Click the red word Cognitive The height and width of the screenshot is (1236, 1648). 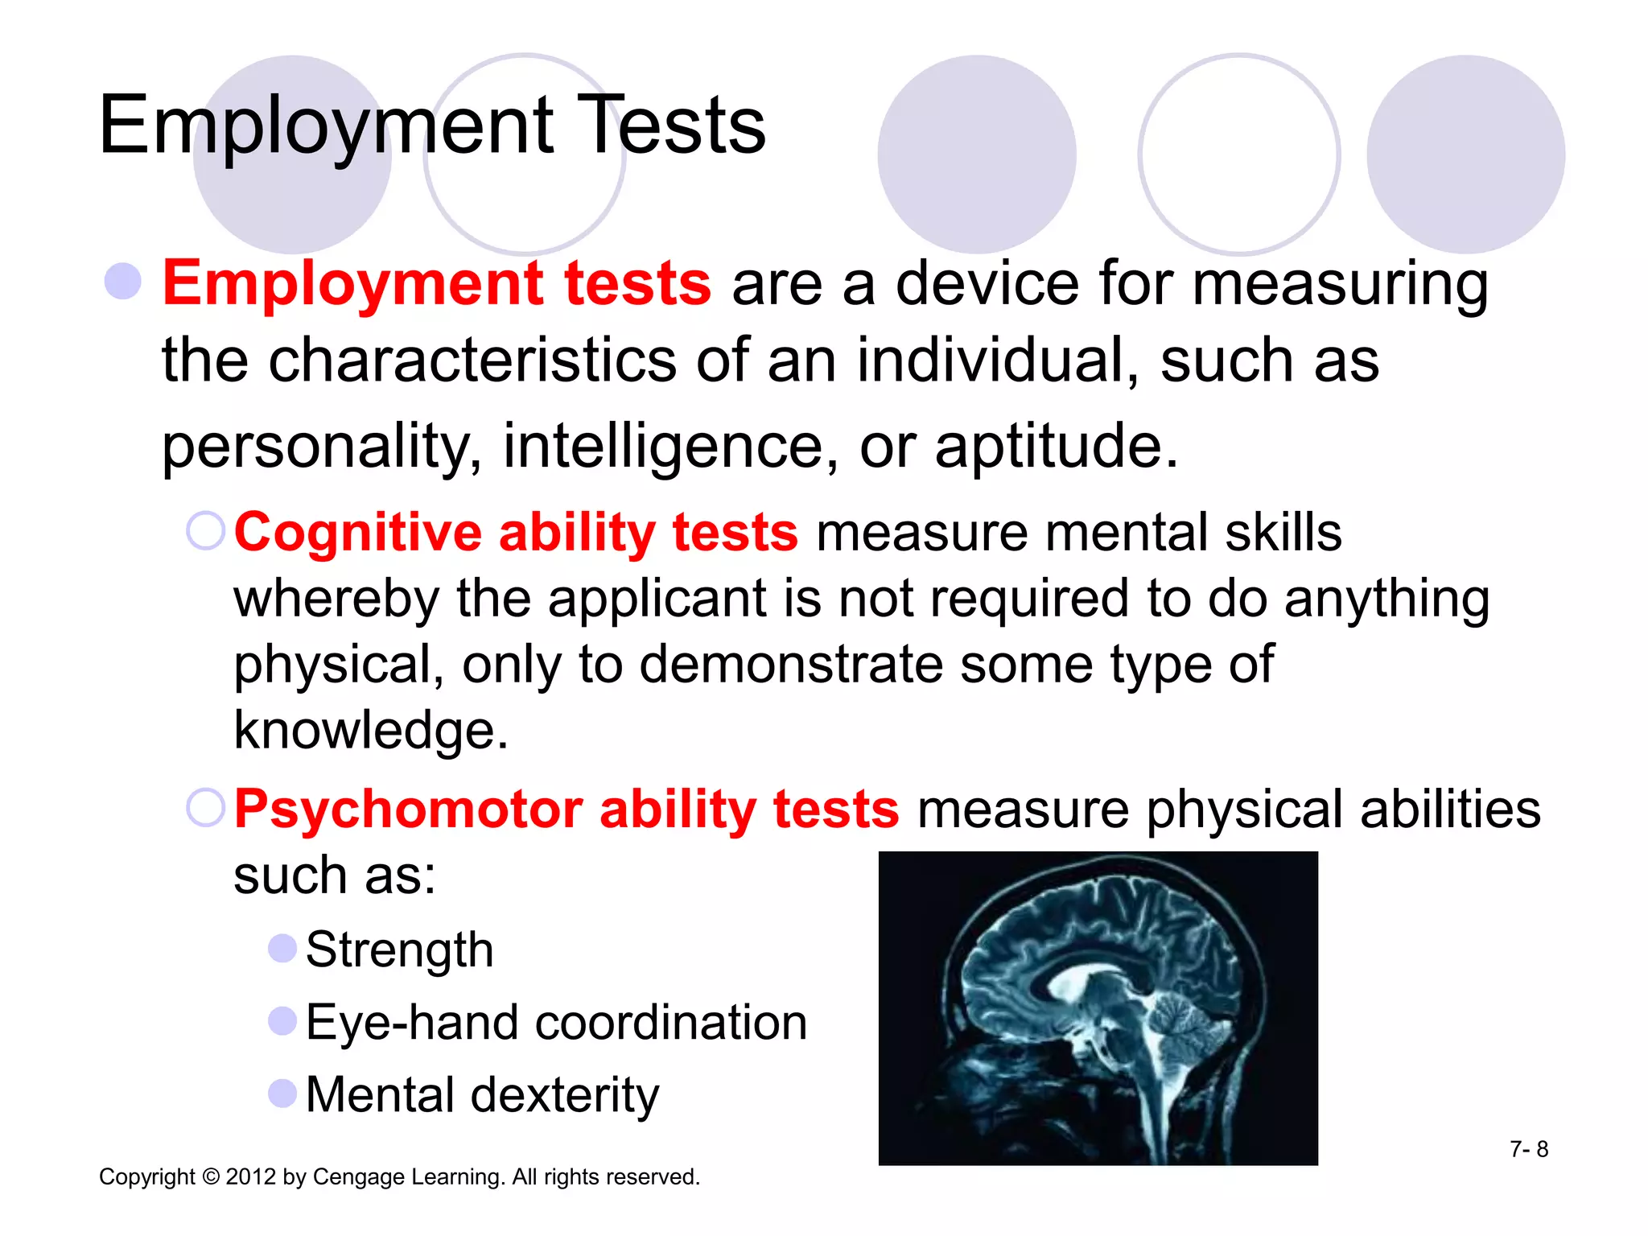click(356, 534)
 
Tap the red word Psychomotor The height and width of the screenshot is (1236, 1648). click(407, 810)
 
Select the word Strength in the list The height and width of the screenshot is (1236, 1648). click(399, 950)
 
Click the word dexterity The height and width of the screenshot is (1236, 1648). click(564, 1096)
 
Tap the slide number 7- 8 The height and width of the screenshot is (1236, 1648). click(1529, 1149)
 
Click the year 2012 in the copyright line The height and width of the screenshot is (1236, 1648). click(251, 1177)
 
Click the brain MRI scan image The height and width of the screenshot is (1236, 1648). click(1098, 1008)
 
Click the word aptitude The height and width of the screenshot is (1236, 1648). click(1055, 447)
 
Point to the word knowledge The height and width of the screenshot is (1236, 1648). click(370, 731)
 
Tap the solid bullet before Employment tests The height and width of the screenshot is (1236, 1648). click(123, 282)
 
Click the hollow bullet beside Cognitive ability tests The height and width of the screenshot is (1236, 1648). click(205, 531)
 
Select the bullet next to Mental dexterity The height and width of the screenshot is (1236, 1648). click(282, 1094)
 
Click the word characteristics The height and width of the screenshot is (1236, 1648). click(472, 360)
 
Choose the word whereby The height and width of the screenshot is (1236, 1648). click(336, 599)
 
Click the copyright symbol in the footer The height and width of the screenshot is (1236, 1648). click(211, 1177)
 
